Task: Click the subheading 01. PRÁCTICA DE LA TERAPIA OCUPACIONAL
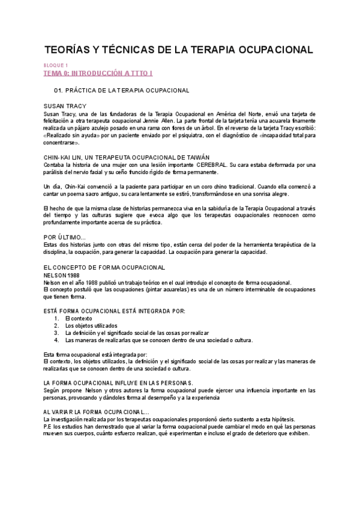(122, 91)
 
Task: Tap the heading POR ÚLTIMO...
(65, 237)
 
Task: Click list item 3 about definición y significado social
(137, 333)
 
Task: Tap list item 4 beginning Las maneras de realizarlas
(159, 340)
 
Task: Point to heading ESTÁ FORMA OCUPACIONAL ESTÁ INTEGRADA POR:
(114, 310)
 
